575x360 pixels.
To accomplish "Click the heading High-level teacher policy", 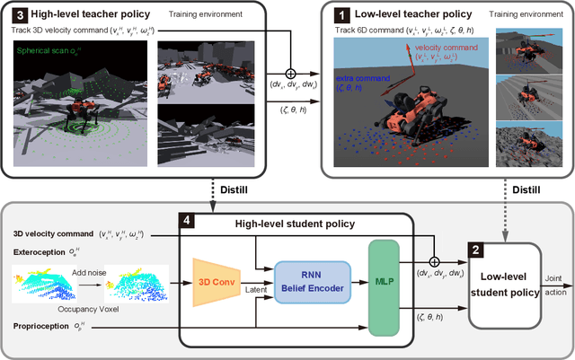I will pyautogui.click(x=82, y=14).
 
